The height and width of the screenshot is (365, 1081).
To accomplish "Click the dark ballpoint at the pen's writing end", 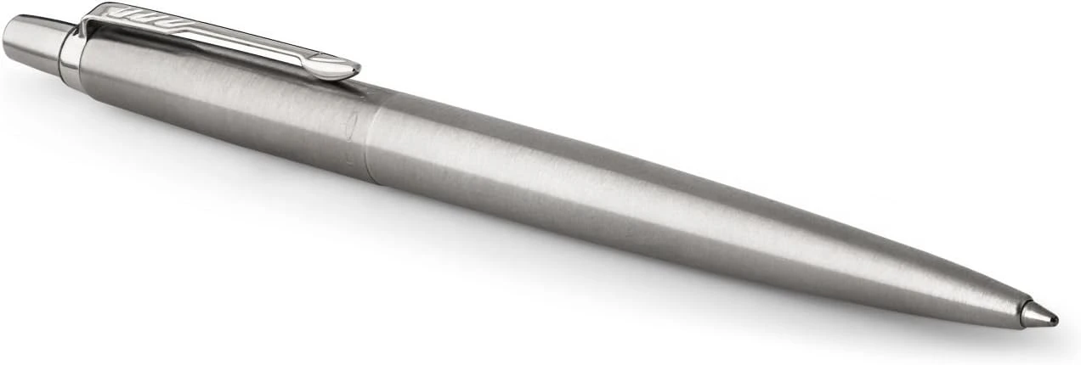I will click(x=1054, y=320).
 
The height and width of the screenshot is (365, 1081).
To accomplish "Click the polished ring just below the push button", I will click(x=70, y=52).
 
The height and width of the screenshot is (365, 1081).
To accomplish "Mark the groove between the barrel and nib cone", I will click(x=1022, y=310).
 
